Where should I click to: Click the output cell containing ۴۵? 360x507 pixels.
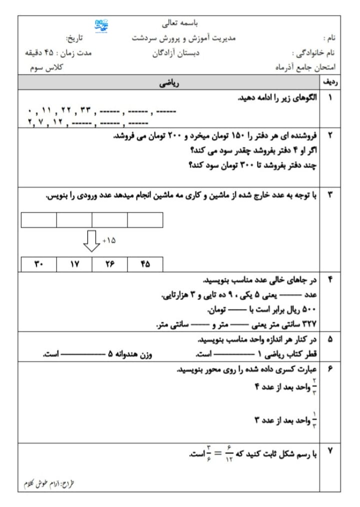coord(145,263)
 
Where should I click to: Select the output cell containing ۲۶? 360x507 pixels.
coord(110,263)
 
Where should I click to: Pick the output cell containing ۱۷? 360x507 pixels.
coord(74,263)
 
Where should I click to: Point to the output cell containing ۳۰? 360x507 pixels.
coord(39,263)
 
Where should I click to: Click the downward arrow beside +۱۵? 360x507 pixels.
coord(91,240)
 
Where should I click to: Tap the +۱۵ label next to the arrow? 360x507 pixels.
coord(109,240)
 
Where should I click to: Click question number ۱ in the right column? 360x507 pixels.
coord(330,98)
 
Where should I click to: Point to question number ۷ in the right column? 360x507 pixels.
coord(330,451)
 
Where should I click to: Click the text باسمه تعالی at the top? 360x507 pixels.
coord(180,22)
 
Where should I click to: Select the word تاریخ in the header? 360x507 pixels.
coord(75,38)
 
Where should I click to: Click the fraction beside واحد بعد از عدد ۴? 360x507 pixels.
coord(315,386)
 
